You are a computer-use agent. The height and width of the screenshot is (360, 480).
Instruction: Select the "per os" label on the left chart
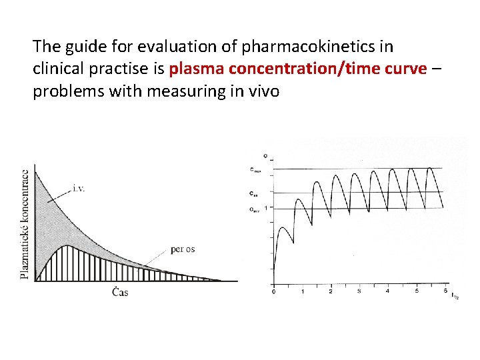(183, 249)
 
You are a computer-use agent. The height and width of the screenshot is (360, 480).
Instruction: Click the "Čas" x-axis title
(120, 292)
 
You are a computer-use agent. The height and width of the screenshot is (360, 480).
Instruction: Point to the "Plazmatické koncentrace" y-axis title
(25, 223)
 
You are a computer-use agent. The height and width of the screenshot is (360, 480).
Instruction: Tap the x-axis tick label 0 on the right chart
(273, 291)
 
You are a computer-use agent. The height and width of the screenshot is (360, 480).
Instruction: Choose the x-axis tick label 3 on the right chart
(359, 291)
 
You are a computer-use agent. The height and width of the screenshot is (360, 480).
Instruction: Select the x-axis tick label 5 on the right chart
(415, 291)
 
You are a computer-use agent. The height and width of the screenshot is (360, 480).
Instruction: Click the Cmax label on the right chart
(255, 169)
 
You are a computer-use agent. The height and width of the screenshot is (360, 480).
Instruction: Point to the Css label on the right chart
(254, 194)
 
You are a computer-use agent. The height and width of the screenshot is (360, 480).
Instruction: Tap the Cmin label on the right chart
(255, 209)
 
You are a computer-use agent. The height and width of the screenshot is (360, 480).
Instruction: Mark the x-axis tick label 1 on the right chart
(302, 291)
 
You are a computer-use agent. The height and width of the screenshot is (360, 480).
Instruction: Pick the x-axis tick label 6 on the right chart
(444, 291)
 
